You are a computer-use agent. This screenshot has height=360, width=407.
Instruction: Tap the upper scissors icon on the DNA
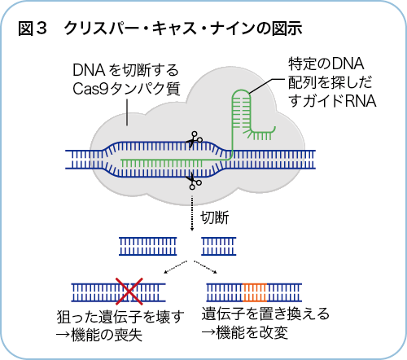(x=194, y=140)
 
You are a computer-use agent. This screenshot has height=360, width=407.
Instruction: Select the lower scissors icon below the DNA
(x=194, y=181)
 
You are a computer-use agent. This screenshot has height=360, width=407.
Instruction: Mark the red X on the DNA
(x=129, y=289)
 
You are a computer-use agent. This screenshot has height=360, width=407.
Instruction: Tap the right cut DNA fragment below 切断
(x=217, y=244)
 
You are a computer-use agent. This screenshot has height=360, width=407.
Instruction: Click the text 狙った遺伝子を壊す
(x=127, y=316)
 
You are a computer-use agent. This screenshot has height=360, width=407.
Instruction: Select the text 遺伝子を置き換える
(x=261, y=316)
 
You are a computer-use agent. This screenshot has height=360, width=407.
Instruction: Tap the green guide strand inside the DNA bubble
(x=163, y=164)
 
